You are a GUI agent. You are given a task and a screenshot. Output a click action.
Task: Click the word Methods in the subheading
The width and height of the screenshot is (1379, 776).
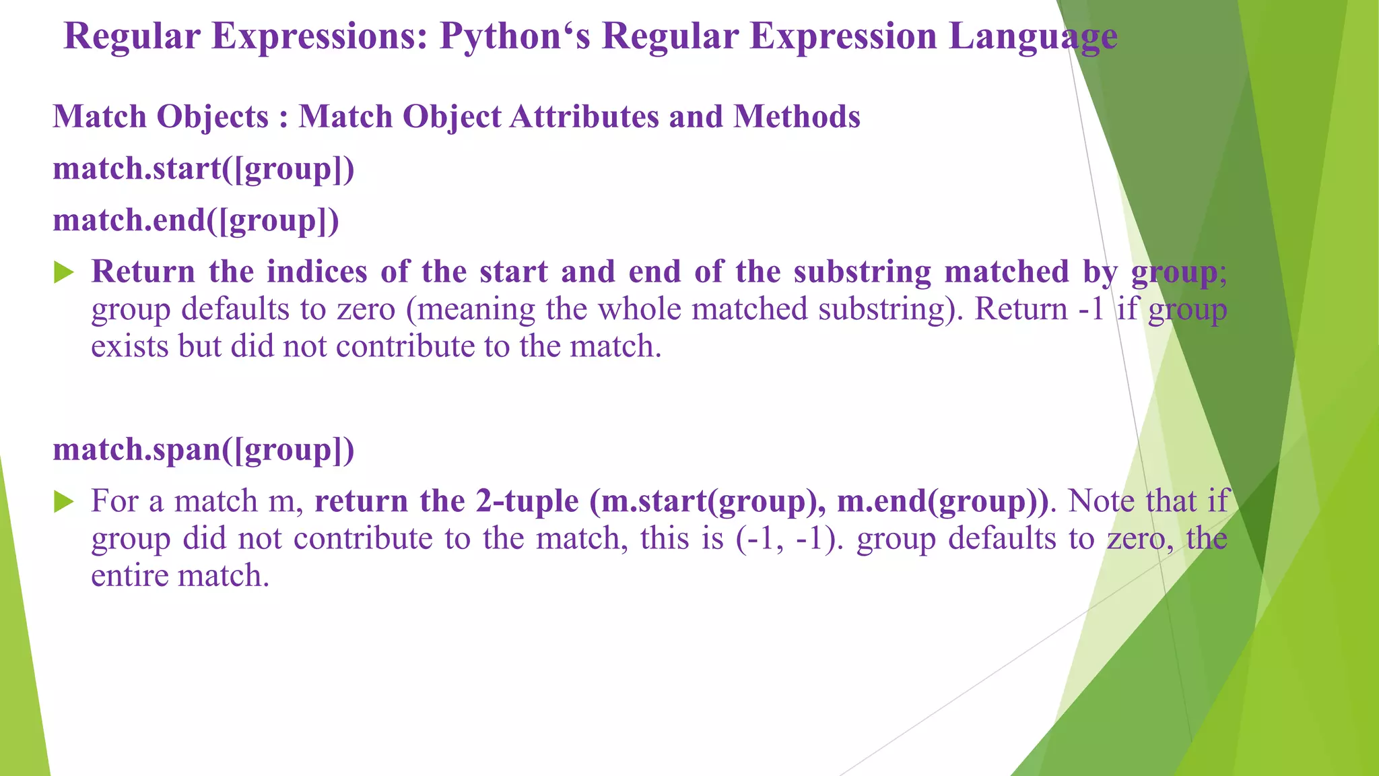pos(797,117)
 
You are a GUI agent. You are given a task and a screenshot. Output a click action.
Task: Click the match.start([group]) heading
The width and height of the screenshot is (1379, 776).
pos(203,168)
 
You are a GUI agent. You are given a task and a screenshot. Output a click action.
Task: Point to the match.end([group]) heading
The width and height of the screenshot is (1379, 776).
pos(196,220)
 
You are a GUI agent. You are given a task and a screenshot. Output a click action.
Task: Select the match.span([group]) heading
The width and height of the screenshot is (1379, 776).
pos(203,449)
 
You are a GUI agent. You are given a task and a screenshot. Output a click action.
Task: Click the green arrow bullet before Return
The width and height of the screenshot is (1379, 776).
pos(64,273)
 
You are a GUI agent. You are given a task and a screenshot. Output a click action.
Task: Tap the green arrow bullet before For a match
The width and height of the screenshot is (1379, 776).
pos(64,502)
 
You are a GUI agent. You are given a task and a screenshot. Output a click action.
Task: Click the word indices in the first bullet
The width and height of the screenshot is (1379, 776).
pos(316,271)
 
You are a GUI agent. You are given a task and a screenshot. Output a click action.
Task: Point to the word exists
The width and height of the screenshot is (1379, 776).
pos(129,346)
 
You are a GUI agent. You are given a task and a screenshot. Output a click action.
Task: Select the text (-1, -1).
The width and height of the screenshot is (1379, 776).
pos(788,539)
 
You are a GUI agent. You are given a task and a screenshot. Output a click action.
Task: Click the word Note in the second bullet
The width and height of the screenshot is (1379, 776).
pos(1102,501)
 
